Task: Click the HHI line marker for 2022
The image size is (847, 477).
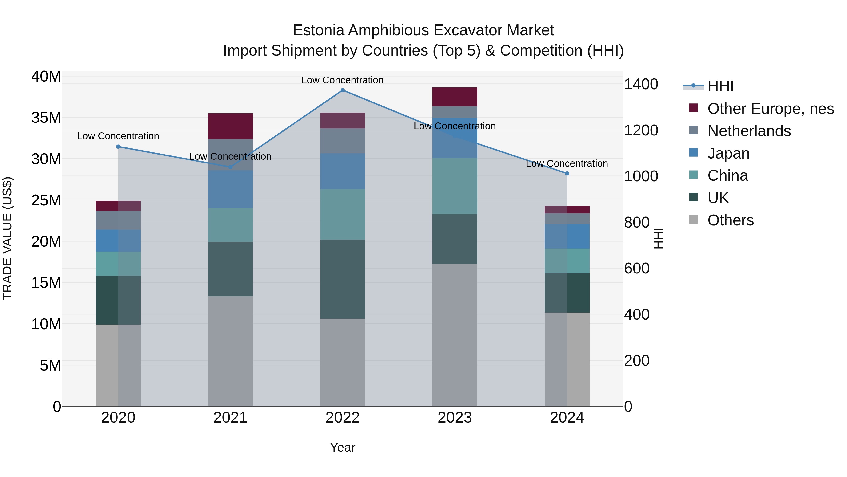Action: [342, 90]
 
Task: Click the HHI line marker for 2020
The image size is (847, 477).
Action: [118, 147]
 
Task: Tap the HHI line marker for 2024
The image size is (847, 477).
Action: [567, 173]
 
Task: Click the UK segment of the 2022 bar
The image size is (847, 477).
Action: [342, 279]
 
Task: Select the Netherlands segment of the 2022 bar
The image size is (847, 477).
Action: [342, 141]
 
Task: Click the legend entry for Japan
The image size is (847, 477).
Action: [728, 153]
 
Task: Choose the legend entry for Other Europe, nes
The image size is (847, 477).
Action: [770, 109]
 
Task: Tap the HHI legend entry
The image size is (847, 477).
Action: [720, 86]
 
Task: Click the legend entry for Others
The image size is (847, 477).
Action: [730, 220]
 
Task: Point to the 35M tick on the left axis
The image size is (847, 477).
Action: [46, 118]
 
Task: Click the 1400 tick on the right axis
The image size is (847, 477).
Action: [641, 84]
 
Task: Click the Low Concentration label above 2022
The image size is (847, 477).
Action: [342, 80]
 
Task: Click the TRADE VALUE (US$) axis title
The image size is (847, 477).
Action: [7, 238]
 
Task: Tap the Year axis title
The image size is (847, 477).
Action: [342, 447]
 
